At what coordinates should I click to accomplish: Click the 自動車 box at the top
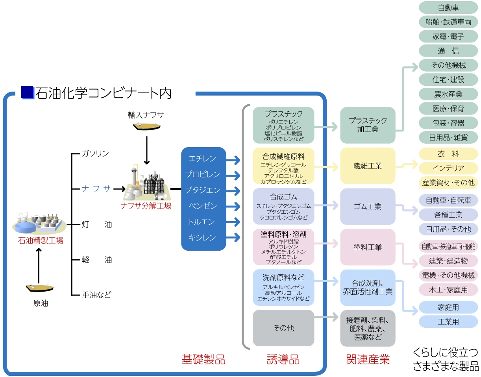click(448, 7)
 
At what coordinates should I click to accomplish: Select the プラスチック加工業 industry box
click(368, 125)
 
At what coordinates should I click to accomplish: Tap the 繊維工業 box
click(368, 166)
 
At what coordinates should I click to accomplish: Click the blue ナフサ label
click(96, 189)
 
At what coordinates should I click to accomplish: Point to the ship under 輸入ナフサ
click(146, 126)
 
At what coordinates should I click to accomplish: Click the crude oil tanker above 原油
click(40, 287)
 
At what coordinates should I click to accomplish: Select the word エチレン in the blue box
click(202, 159)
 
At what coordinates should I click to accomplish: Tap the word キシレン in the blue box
click(202, 238)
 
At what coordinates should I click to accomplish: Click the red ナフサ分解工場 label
click(146, 206)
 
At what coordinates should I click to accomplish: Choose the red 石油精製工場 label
click(41, 240)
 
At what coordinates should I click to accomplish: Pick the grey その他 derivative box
click(283, 328)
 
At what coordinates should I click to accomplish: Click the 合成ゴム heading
click(283, 197)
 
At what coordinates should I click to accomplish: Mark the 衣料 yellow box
click(448, 154)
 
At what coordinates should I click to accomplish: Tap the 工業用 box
click(448, 322)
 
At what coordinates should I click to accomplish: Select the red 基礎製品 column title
click(203, 359)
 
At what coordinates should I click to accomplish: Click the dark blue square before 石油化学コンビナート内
click(27, 92)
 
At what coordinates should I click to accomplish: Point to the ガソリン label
click(95, 153)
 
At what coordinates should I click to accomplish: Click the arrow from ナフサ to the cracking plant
click(120, 189)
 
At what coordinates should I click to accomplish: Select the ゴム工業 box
click(368, 207)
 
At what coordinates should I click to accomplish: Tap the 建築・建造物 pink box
click(448, 261)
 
